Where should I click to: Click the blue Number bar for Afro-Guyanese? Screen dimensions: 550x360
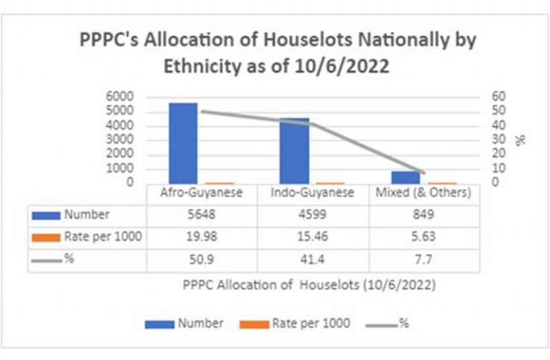(x=183, y=143)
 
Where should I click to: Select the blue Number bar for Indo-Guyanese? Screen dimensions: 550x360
(x=294, y=151)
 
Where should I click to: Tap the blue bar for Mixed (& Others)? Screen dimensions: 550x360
(x=406, y=177)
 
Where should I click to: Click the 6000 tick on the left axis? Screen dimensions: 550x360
(x=120, y=97)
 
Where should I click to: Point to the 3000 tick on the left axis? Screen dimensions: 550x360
(x=120, y=139)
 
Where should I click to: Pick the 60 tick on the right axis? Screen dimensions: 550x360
(x=498, y=97)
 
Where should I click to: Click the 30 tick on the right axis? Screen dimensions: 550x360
(x=498, y=139)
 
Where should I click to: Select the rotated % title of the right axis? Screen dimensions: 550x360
(x=521, y=140)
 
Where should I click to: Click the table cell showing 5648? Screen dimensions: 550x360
(x=201, y=214)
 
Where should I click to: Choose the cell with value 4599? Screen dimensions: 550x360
(x=312, y=214)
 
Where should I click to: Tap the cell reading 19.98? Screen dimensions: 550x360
(x=201, y=237)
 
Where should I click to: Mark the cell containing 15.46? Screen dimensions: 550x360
(x=312, y=237)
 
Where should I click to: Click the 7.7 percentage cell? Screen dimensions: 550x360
(x=423, y=259)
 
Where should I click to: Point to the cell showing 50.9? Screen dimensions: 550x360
(x=201, y=259)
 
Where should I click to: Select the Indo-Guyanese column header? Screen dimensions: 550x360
(x=312, y=193)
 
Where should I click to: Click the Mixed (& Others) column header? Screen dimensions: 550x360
(x=423, y=193)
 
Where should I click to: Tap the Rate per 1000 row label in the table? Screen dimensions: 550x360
(x=103, y=237)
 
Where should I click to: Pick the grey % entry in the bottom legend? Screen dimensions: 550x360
(x=387, y=323)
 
